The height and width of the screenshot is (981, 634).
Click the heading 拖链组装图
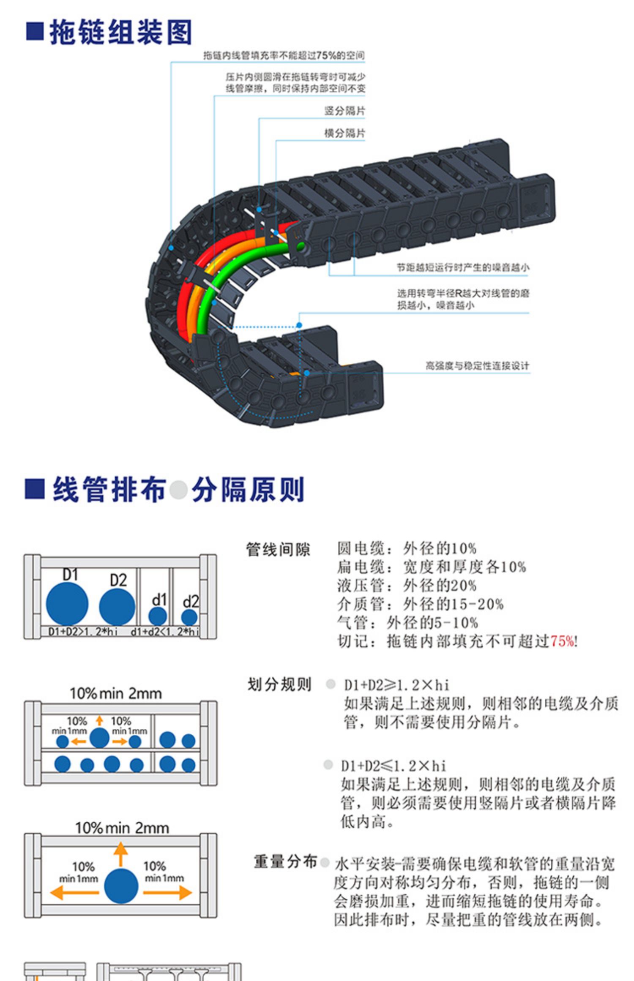click(x=120, y=32)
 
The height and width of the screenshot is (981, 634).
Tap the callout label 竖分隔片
click(x=344, y=111)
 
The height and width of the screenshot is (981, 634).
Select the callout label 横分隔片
click(x=344, y=134)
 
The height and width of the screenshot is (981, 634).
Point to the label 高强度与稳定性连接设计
click(x=477, y=366)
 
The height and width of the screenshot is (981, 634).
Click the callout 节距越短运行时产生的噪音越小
click(x=462, y=267)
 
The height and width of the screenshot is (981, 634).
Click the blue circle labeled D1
click(x=67, y=604)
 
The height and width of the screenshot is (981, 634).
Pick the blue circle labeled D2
click(x=117, y=607)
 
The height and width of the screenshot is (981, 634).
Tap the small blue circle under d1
click(x=158, y=616)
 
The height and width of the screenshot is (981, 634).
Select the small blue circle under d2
click(x=189, y=617)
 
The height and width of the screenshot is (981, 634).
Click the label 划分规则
click(x=279, y=684)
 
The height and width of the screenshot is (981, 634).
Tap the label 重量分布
click(x=285, y=861)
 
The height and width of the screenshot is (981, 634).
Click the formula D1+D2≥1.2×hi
click(x=396, y=685)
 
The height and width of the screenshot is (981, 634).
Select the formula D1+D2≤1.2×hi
click(x=394, y=766)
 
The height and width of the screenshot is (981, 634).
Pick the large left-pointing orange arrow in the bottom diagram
click(x=74, y=892)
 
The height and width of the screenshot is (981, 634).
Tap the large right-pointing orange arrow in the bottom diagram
click(x=167, y=892)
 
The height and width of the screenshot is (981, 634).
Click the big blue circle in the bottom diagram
click(x=121, y=886)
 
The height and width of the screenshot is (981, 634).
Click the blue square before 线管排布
click(x=35, y=489)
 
